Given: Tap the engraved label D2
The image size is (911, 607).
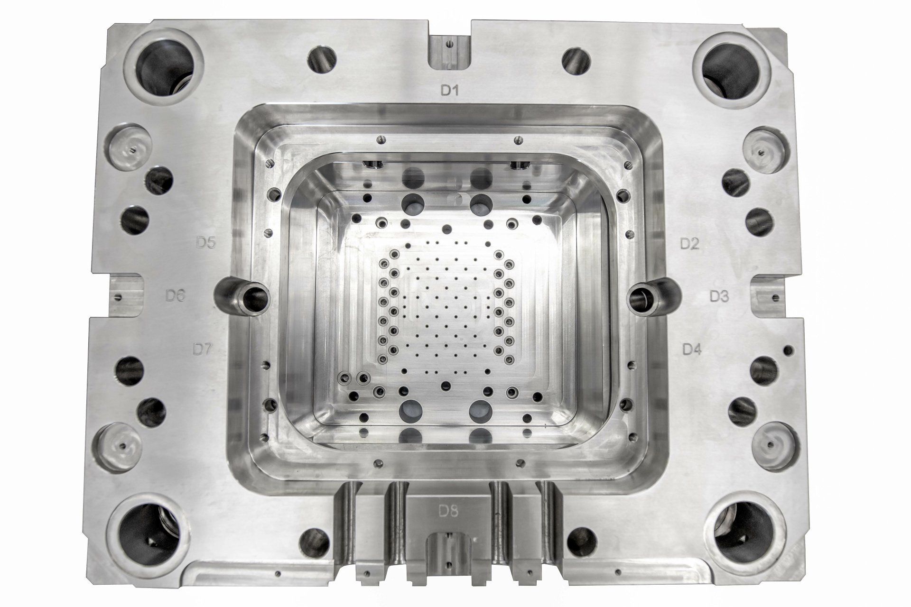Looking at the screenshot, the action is [x=689, y=244].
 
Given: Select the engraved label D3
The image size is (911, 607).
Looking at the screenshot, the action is [x=719, y=296].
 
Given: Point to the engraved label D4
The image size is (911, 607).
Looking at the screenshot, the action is [x=691, y=349].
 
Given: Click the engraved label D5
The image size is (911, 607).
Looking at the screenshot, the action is [x=206, y=243].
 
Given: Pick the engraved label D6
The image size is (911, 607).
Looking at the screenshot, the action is [x=175, y=296].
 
